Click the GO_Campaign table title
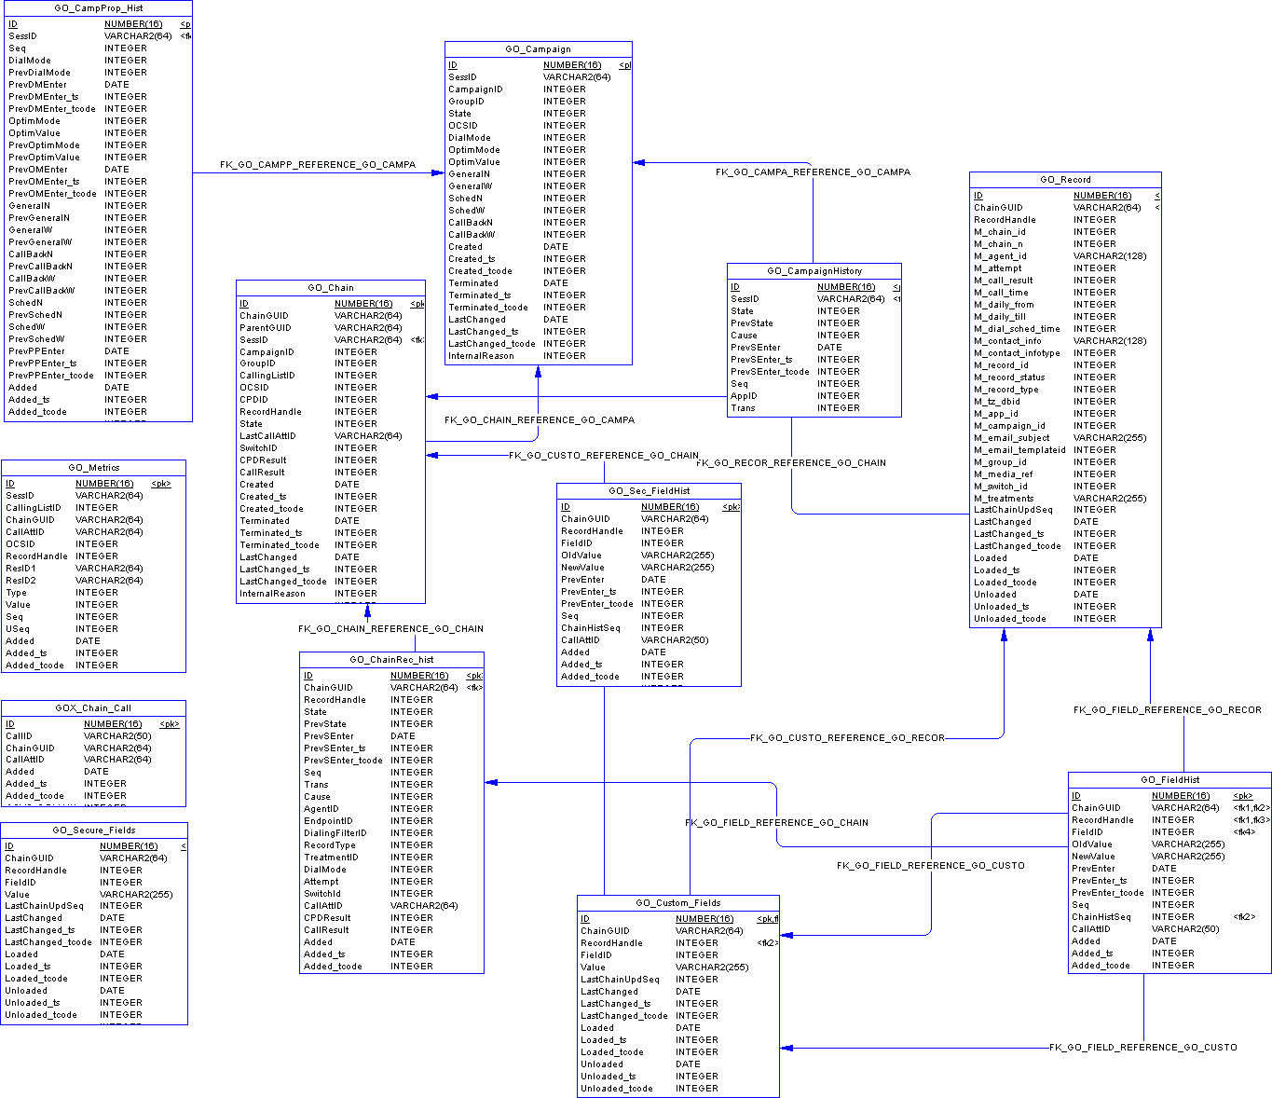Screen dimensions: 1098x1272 (538, 49)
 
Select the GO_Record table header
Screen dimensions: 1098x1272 (1065, 180)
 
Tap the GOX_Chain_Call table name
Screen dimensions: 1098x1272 (93, 708)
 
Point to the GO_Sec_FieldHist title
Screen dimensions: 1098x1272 (649, 491)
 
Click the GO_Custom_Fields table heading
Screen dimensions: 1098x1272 (677, 903)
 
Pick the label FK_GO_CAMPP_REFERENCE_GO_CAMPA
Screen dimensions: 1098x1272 (318, 165)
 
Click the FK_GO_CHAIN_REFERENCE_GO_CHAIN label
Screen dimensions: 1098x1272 (390, 629)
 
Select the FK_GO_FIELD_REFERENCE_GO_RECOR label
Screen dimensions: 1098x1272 (1167, 710)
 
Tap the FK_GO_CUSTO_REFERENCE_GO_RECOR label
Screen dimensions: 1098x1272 (847, 738)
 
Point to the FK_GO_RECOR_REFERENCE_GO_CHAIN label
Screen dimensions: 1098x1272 (791, 463)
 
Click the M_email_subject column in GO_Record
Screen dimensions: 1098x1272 (1011, 438)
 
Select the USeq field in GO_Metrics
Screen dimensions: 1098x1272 (18, 629)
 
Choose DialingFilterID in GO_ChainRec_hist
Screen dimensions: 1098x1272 (335, 833)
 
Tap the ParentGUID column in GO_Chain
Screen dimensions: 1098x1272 (266, 328)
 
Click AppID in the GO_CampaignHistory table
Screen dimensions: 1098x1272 (744, 396)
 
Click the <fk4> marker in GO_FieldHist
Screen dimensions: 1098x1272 (1243, 832)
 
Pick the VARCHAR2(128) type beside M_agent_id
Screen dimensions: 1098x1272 (1109, 256)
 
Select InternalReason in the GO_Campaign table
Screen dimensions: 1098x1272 (481, 356)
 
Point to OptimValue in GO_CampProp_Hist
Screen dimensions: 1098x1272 (34, 133)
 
